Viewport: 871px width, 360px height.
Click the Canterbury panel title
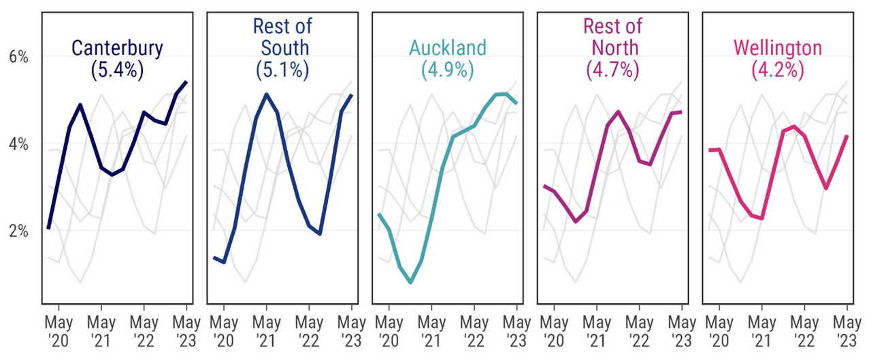click(x=117, y=49)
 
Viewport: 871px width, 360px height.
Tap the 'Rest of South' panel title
click(x=282, y=37)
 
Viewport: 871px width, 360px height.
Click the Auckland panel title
click(x=447, y=48)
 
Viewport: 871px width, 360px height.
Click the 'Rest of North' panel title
click(x=612, y=37)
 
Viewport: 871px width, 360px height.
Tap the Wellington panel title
click(x=777, y=48)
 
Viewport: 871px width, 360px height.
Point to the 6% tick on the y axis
click(x=18, y=56)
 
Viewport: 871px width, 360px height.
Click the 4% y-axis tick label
click(x=18, y=144)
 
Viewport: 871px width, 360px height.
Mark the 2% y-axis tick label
click(x=18, y=231)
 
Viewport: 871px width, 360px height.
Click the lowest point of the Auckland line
click(x=410, y=282)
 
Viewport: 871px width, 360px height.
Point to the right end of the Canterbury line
click(x=186, y=82)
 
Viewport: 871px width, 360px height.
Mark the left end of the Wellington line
click(x=709, y=150)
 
